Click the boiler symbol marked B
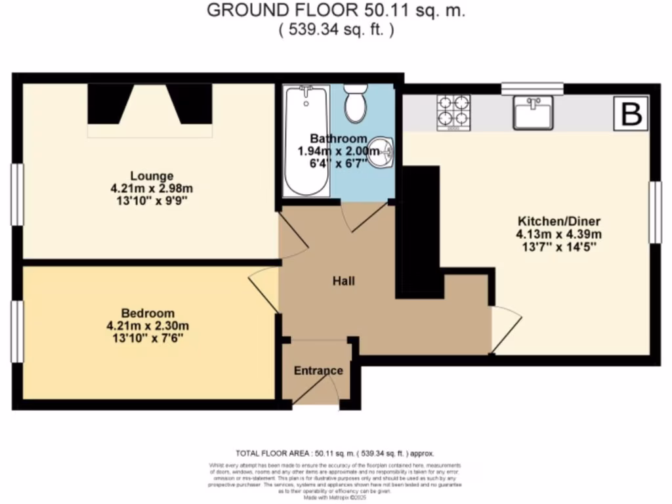point(631,114)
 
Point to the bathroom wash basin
point(382,152)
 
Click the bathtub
point(306,140)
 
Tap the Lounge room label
point(152,176)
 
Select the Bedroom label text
point(148,312)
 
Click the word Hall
point(343,282)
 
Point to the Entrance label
point(318,371)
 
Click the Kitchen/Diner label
point(559,220)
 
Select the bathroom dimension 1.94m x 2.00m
point(339,152)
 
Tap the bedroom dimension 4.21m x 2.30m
point(148,325)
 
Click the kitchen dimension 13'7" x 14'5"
point(559,247)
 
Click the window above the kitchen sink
point(532,88)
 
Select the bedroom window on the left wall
point(17,331)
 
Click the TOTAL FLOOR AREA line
point(335,453)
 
